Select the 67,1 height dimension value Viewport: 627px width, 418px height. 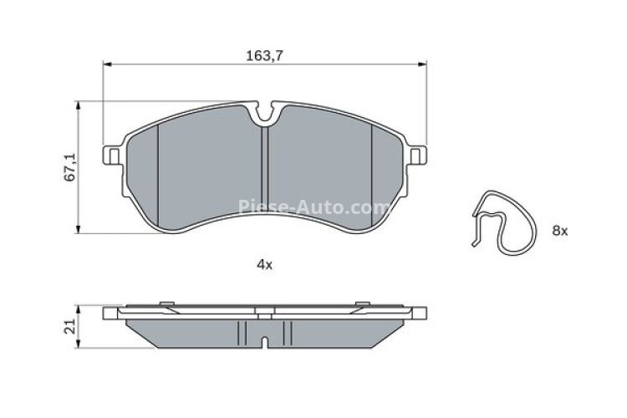72,166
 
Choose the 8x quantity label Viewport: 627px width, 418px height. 559,230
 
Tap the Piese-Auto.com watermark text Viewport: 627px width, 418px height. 314,206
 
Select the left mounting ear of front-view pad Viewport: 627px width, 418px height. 111,155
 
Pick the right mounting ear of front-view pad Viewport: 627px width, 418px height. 417,155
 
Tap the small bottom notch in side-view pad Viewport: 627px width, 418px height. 264,340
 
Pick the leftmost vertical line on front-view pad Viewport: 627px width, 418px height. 158,176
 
